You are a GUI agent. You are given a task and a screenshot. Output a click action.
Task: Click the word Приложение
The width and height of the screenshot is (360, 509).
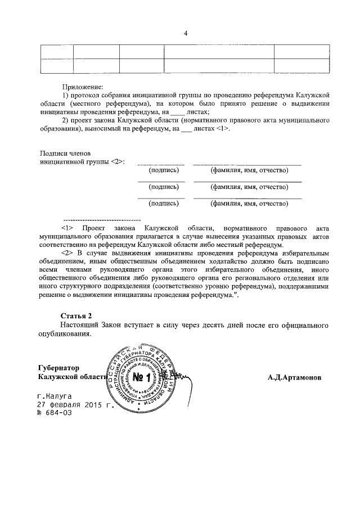point(83,88)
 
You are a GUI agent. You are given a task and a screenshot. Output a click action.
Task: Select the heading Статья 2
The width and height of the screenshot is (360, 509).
point(76,315)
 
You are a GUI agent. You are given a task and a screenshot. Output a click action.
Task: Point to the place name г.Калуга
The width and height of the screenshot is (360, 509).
point(55,396)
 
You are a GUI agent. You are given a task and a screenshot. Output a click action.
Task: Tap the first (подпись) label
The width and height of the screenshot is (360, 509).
point(164,170)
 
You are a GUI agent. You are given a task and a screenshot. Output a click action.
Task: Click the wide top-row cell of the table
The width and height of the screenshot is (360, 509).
point(218,50)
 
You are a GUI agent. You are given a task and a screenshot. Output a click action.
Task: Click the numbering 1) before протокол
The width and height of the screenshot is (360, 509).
point(66,96)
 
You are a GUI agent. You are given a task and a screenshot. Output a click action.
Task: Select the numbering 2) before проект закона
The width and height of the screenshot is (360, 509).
point(66,120)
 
